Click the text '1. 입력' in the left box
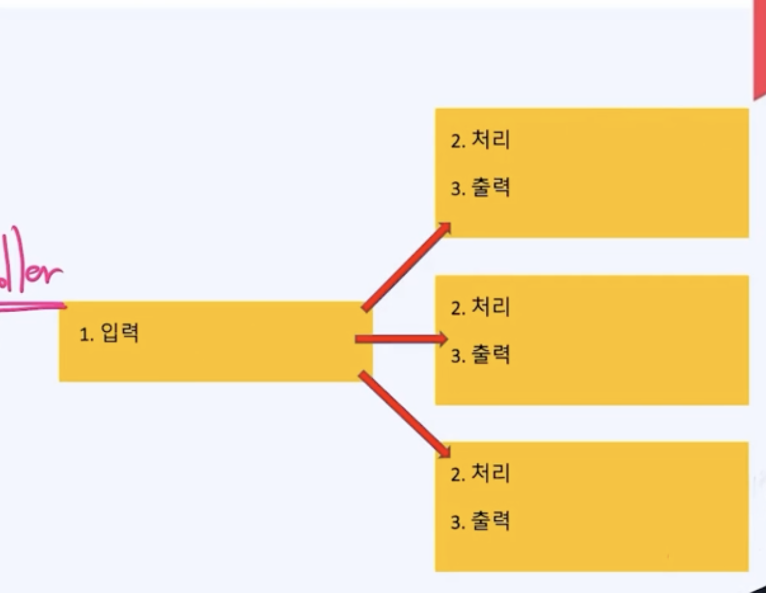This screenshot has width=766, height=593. tap(109, 333)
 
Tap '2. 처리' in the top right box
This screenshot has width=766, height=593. tap(480, 140)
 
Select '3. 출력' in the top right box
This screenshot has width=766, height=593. tap(480, 188)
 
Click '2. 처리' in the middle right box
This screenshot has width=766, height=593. tap(480, 307)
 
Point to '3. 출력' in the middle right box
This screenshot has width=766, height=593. tap(480, 355)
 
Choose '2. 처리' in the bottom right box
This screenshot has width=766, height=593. tap(480, 474)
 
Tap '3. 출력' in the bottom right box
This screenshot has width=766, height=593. tap(480, 522)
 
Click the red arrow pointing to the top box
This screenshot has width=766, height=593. tap(405, 268)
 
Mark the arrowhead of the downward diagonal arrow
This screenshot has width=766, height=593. tap(445, 451)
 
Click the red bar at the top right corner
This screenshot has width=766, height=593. tap(759, 49)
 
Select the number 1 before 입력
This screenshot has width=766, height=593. tap(84, 335)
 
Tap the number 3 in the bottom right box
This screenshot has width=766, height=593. tap(455, 523)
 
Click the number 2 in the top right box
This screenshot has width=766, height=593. tap(455, 141)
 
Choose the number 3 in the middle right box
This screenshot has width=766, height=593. tap(455, 356)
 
